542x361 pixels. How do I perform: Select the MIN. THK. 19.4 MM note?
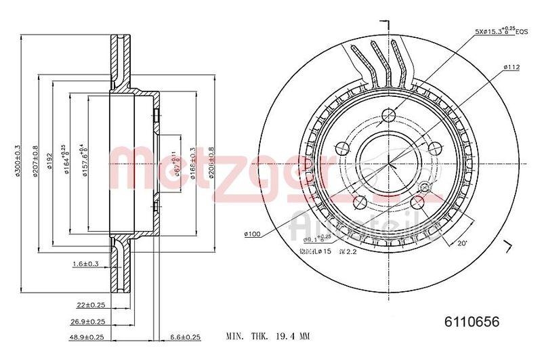pyautogui.click(x=267, y=336)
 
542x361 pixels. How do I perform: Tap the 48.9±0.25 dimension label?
pyautogui.click(x=87, y=336)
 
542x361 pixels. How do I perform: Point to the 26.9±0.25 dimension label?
pyautogui.click(x=87, y=321)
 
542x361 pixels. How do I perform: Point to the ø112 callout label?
pyautogui.click(x=511, y=66)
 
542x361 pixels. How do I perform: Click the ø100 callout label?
pyautogui.click(x=252, y=234)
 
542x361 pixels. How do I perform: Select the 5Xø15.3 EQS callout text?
pyautogui.click(x=500, y=31)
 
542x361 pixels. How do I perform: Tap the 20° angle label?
pyautogui.click(x=463, y=243)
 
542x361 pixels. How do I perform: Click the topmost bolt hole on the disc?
pyautogui.click(x=389, y=114)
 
